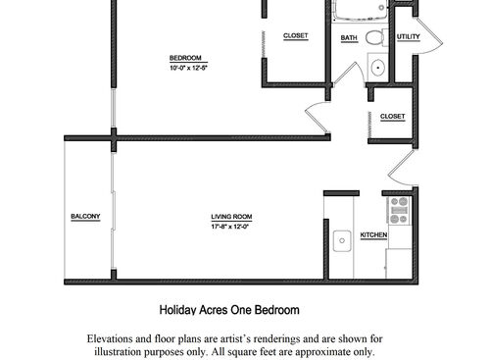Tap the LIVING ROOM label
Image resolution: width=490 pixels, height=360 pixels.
[231, 217]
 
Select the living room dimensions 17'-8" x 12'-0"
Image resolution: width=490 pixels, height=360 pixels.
[231, 227]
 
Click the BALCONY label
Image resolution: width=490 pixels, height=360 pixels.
[85, 217]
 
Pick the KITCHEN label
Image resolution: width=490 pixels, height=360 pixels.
[374, 236]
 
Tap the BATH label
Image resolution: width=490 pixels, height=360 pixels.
[349, 38]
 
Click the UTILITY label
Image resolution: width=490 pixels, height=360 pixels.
[408, 37]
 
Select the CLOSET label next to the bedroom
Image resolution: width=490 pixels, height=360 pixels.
[295, 36]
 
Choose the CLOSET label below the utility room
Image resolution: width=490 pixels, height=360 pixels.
[392, 118]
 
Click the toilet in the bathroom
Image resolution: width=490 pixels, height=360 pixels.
[373, 37]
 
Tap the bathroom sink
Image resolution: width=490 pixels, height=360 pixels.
[376, 68]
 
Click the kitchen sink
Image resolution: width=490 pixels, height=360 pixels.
[342, 238]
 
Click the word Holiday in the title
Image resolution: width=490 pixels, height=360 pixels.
[177, 311]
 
